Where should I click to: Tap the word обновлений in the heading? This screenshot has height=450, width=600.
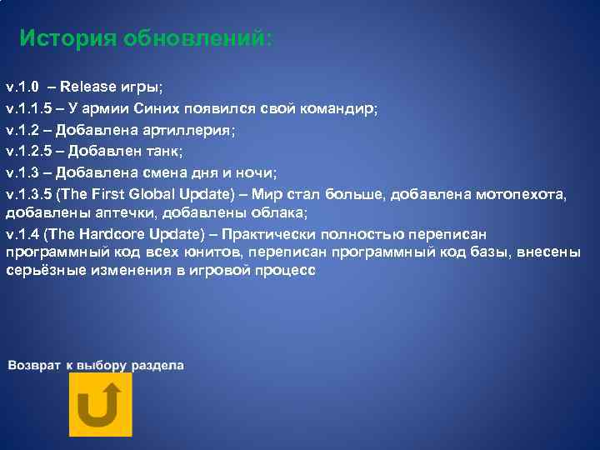[x=197, y=39]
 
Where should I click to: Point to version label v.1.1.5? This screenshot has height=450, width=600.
[x=27, y=108]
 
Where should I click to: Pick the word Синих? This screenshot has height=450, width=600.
[x=170, y=108]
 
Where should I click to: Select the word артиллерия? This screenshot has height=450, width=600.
[x=188, y=130]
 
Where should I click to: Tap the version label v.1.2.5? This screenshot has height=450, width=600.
[x=27, y=152]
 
